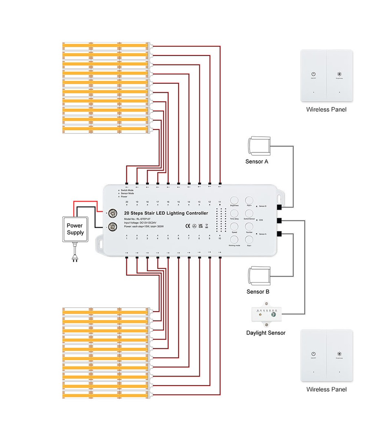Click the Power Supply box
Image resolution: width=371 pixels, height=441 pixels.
(x=75, y=229)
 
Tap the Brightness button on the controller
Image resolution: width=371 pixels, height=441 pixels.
(x=234, y=200)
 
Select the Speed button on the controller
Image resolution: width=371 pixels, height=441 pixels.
(x=234, y=227)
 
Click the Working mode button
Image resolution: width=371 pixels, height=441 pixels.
(x=234, y=240)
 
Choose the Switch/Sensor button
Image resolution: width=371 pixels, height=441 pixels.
(x=249, y=214)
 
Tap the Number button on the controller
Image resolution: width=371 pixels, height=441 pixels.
(x=249, y=227)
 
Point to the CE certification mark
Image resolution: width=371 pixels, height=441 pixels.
(x=188, y=225)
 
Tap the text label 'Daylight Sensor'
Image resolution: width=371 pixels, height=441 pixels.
(x=266, y=333)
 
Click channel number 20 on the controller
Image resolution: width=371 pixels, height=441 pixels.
(x=127, y=202)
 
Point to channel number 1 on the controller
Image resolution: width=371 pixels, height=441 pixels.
(x=127, y=238)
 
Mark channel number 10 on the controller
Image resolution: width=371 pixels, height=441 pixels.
(x=220, y=238)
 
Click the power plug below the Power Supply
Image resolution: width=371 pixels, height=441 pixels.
(x=75, y=257)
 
